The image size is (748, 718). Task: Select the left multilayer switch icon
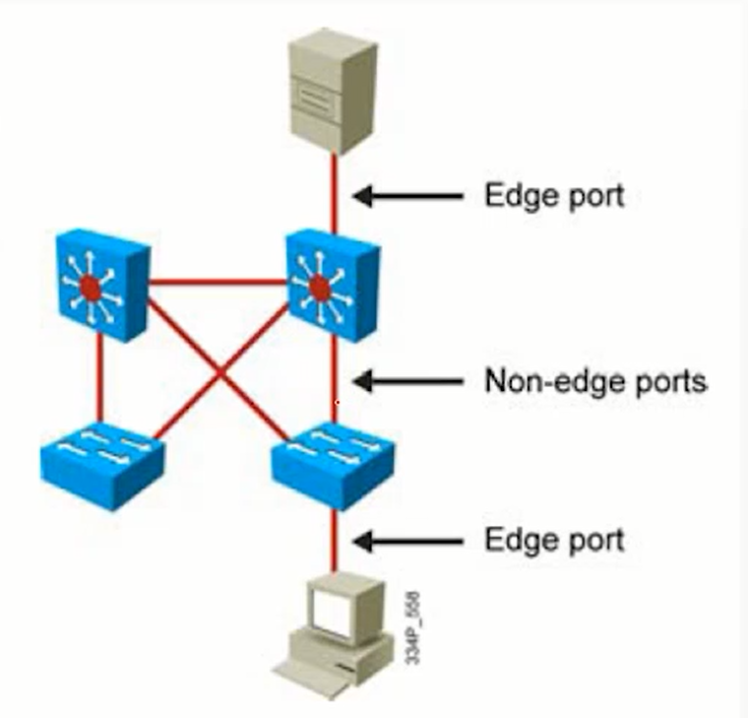coord(99,287)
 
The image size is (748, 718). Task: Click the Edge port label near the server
coord(554,195)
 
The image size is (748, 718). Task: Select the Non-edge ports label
coord(595,380)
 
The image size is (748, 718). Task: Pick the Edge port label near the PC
coord(554,541)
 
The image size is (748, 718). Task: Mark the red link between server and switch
coord(335,192)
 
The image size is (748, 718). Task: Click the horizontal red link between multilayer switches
coord(218,282)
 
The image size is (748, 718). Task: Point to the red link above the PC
coord(335,541)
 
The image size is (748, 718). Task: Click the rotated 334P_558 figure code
coord(414,626)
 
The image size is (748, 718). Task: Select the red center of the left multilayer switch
coord(90,288)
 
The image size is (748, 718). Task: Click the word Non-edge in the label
coord(545,380)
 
